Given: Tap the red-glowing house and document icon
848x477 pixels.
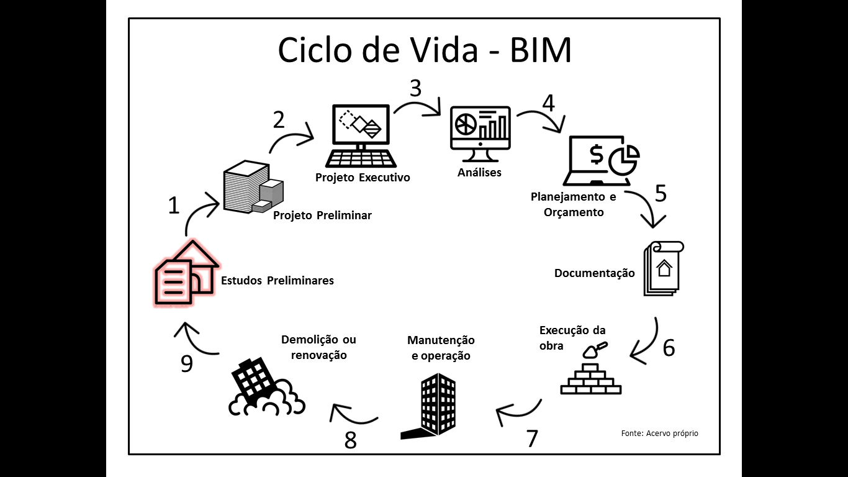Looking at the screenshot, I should pos(184,275).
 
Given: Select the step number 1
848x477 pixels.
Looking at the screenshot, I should pos(174,206).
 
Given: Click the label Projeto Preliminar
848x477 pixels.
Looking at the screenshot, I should pos(322,216).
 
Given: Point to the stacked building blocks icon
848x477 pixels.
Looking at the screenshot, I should pos(251,187).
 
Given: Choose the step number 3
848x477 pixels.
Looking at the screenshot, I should pos(415,89).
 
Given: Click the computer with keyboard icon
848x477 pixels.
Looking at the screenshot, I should pos(362,136).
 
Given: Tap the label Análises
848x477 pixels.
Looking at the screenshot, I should pos(479,173).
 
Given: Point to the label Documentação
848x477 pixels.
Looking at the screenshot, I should pos(594,273).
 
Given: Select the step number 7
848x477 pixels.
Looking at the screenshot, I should pos(532,438).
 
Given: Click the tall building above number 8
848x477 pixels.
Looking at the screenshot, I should pos(430,406).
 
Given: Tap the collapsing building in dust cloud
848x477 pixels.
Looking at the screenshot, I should pos(263,388).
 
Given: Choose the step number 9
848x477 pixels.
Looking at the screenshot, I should pos(187,363).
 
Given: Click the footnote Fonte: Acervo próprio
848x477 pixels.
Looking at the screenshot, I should pos(659,433).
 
